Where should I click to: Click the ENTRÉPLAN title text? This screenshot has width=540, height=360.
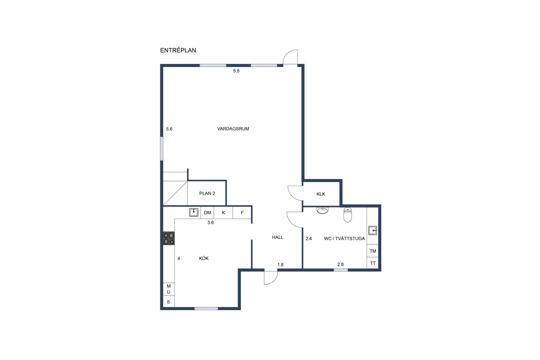click(x=178, y=50)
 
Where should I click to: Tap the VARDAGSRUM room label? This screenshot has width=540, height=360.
click(x=233, y=129)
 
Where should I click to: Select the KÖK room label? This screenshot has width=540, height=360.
click(x=204, y=258)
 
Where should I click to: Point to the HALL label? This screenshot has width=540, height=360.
click(x=278, y=237)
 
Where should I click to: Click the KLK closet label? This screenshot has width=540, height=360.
click(x=321, y=194)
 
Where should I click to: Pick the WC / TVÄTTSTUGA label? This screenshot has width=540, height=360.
click(x=345, y=238)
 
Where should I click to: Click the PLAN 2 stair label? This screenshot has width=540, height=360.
click(x=207, y=193)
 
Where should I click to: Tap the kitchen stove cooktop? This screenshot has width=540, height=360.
click(x=169, y=238)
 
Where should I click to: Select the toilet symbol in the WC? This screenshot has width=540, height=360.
click(x=348, y=214)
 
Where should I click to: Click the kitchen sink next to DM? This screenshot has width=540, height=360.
click(x=194, y=212)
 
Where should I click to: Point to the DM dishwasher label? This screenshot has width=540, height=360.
click(x=208, y=213)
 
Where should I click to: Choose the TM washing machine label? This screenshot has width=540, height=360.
click(x=373, y=251)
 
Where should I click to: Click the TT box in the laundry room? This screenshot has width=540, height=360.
click(x=373, y=263)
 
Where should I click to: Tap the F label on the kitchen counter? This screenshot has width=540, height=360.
click(x=242, y=213)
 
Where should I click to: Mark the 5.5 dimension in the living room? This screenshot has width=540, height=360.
click(x=236, y=71)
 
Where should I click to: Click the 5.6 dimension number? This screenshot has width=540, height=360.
click(x=169, y=129)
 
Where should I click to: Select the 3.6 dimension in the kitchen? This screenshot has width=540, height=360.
click(x=211, y=222)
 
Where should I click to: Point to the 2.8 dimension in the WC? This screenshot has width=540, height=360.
click(x=340, y=265)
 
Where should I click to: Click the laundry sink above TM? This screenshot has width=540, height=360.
click(x=373, y=230)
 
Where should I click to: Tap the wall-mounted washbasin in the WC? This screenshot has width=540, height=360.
click(x=322, y=211)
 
